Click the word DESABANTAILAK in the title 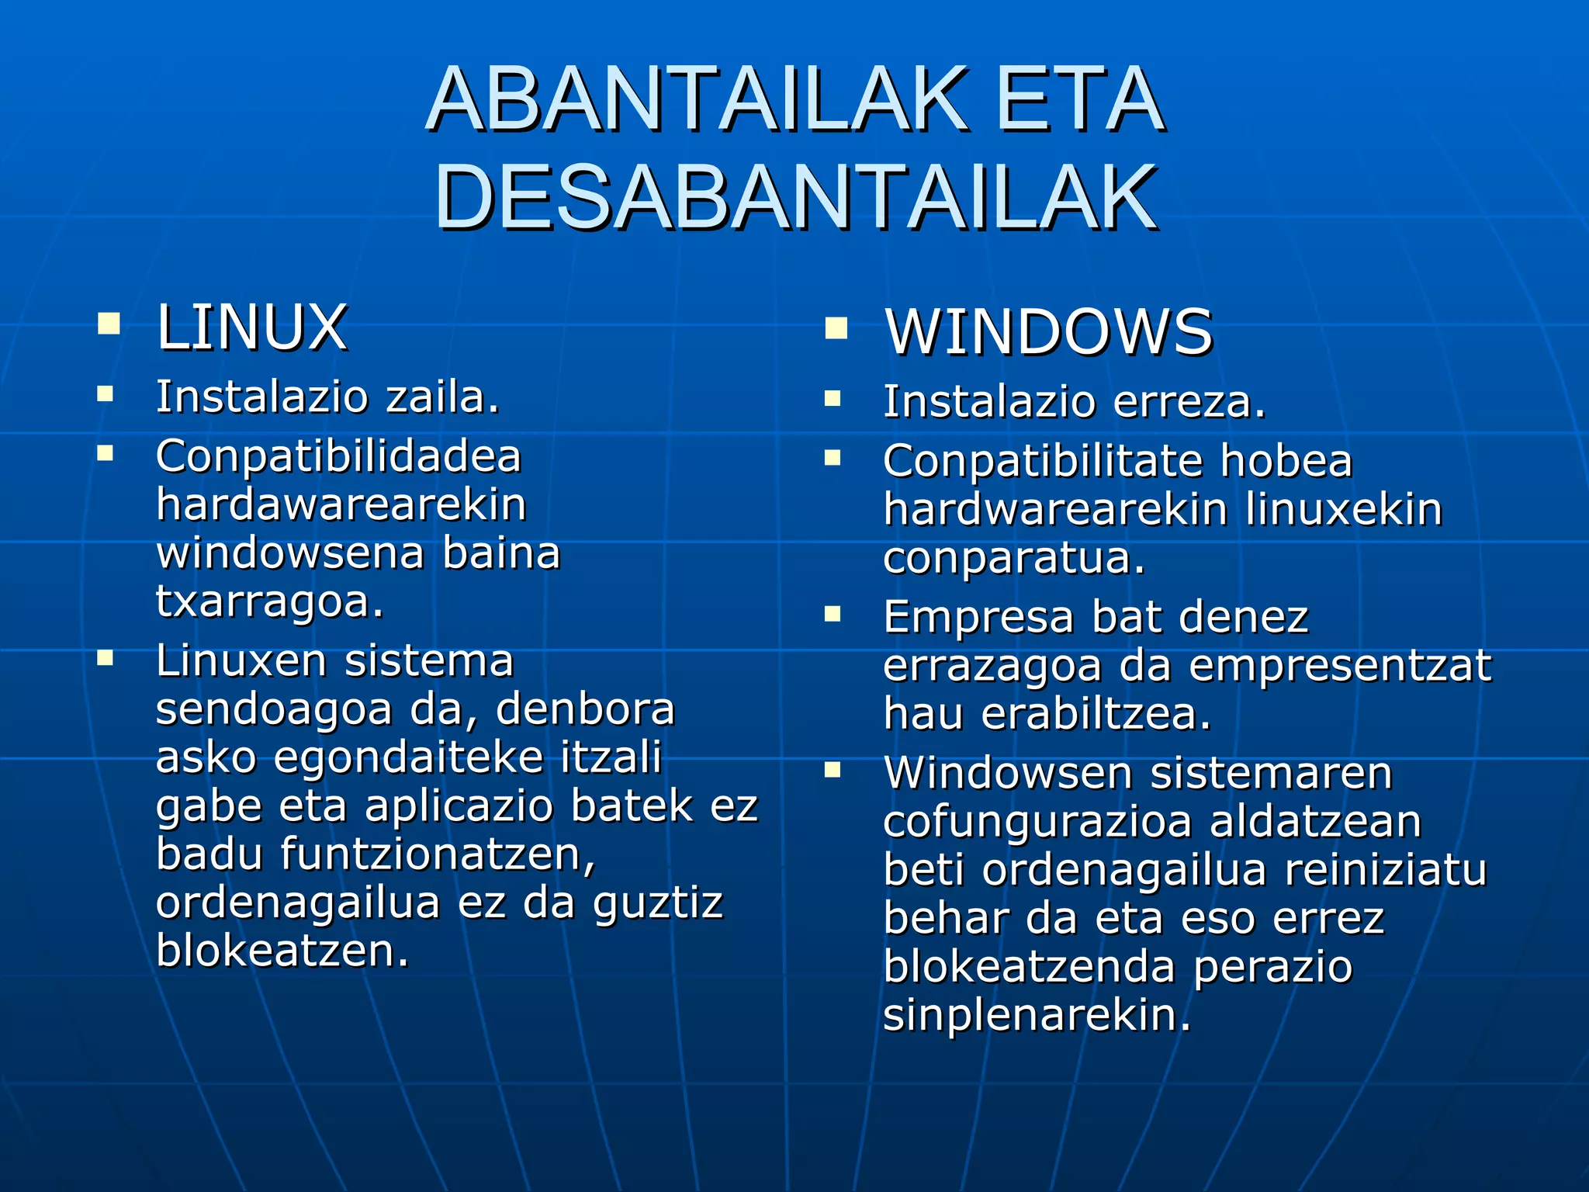(796, 198)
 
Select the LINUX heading (252, 327)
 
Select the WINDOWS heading (1048, 332)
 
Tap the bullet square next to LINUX (109, 323)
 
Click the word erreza (1189, 402)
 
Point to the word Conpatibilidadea (338, 456)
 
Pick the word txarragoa (270, 601)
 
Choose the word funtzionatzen (438, 854)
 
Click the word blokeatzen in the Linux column (282, 950)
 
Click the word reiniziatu (1386, 870)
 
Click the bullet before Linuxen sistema (106, 660)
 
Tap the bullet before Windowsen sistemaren (833, 771)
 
